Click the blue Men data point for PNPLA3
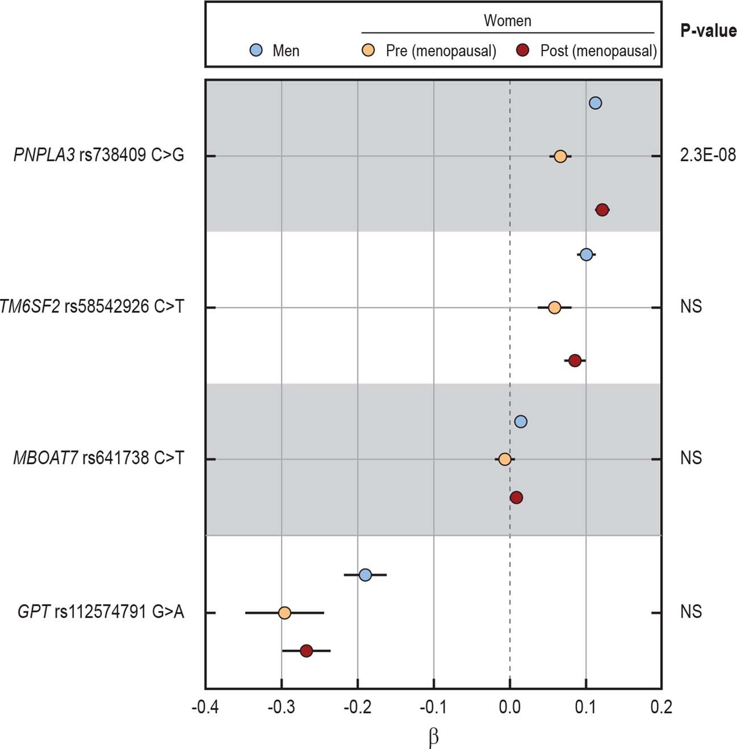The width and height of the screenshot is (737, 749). pyautogui.click(x=595, y=103)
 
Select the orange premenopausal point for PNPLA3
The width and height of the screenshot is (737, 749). pyautogui.click(x=560, y=156)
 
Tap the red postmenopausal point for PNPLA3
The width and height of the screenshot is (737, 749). pyautogui.click(x=602, y=210)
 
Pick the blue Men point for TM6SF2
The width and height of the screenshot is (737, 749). pyautogui.click(x=586, y=255)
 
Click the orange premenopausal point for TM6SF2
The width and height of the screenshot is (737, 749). pyautogui.click(x=554, y=308)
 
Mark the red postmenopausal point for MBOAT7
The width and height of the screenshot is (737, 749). pyautogui.click(x=516, y=498)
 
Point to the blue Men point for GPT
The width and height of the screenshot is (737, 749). pyautogui.click(x=365, y=575)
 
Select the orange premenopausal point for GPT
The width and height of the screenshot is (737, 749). pyautogui.click(x=284, y=613)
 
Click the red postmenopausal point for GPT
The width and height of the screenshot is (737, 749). pyautogui.click(x=306, y=651)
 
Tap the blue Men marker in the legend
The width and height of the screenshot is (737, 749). pyautogui.click(x=257, y=51)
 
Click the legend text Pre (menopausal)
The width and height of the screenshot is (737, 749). pyautogui.click(x=441, y=51)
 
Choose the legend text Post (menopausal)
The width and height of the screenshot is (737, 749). pyautogui.click(x=598, y=51)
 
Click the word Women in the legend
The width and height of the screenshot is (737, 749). pyautogui.click(x=507, y=21)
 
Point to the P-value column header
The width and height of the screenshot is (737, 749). pyautogui.click(x=708, y=31)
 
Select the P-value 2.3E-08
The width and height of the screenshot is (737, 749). pyautogui.click(x=707, y=155)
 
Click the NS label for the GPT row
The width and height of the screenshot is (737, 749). pyautogui.click(x=690, y=612)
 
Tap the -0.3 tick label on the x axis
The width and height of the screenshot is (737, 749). pyautogui.click(x=281, y=707)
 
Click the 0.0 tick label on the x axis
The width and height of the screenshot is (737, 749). pyautogui.click(x=509, y=707)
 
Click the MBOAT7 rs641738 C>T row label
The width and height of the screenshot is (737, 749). pyautogui.click(x=98, y=458)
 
